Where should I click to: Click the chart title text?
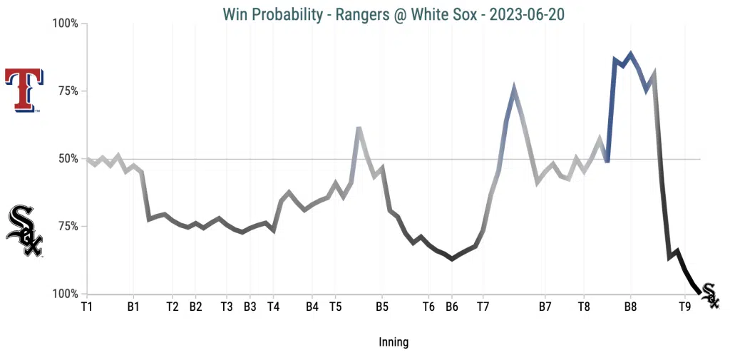tap(394, 14)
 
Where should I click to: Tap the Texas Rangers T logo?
tap(24, 91)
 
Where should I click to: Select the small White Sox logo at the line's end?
tap(710, 294)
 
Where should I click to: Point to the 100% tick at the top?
tap(66, 24)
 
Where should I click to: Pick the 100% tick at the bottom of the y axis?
tap(66, 294)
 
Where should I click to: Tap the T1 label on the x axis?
tap(87, 307)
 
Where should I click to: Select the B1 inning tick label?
tap(133, 307)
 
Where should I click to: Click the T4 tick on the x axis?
tap(273, 307)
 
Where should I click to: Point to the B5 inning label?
tap(382, 307)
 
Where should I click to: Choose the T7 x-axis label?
tap(483, 307)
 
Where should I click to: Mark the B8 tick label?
tap(630, 307)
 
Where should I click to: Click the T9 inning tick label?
tap(684, 307)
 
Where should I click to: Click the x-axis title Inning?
tap(394, 342)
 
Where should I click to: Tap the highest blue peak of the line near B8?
tap(630, 54)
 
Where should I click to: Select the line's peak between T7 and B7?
tap(514, 87)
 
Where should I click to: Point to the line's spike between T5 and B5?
tap(359, 128)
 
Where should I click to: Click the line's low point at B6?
tap(452, 259)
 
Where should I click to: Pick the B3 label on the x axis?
tap(250, 307)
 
